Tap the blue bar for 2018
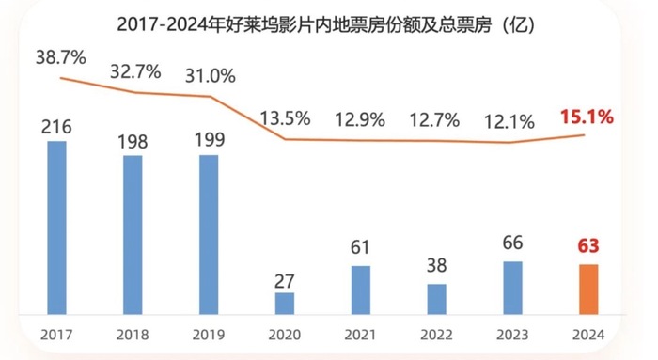pos(133,234)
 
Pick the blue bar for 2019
pos(209,234)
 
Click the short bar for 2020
pos(285,303)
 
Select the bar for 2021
pos(361,290)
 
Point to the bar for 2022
pos(436,299)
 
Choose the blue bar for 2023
pos(512,288)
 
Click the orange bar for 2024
pos(588,289)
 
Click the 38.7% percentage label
pos(61,57)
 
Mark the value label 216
pos(58,126)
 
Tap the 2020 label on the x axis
pos(285,335)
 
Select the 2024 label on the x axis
pos(588,335)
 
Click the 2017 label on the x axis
pos(57,335)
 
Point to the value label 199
pos(209,139)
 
